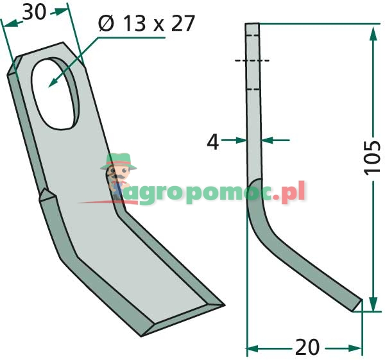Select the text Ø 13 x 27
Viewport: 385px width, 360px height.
tap(146, 24)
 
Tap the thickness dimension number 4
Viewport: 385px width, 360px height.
tap(213, 142)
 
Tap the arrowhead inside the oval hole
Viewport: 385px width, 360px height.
tap(51, 83)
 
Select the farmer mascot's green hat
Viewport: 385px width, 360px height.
tap(119, 162)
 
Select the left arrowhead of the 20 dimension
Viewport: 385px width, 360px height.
tap(252, 348)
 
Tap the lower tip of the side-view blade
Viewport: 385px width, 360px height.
tap(358, 306)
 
